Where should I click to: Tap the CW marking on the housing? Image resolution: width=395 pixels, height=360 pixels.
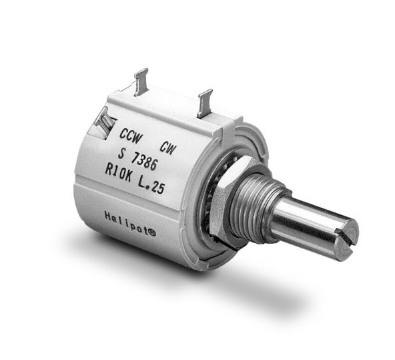pos(167,148)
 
